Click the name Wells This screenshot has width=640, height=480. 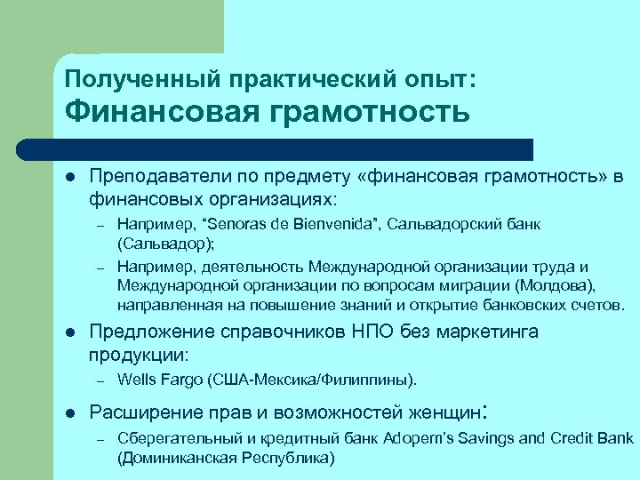(x=136, y=380)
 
